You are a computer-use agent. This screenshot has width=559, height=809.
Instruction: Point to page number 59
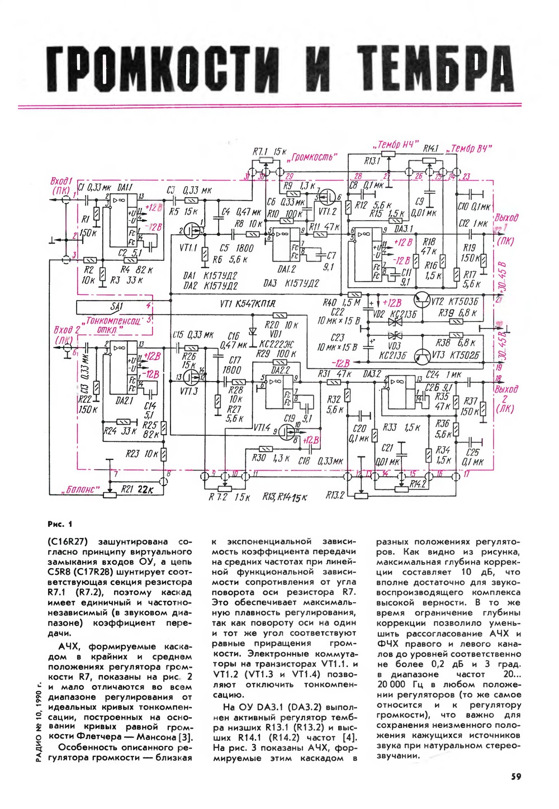[516, 776]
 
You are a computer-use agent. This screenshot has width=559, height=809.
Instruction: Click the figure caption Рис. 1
[60, 524]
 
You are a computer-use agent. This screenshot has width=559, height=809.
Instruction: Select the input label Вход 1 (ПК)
[62, 186]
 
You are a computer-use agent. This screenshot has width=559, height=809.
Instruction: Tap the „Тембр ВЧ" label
[471, 149]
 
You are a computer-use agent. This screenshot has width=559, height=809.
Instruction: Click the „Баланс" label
[82, 490]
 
